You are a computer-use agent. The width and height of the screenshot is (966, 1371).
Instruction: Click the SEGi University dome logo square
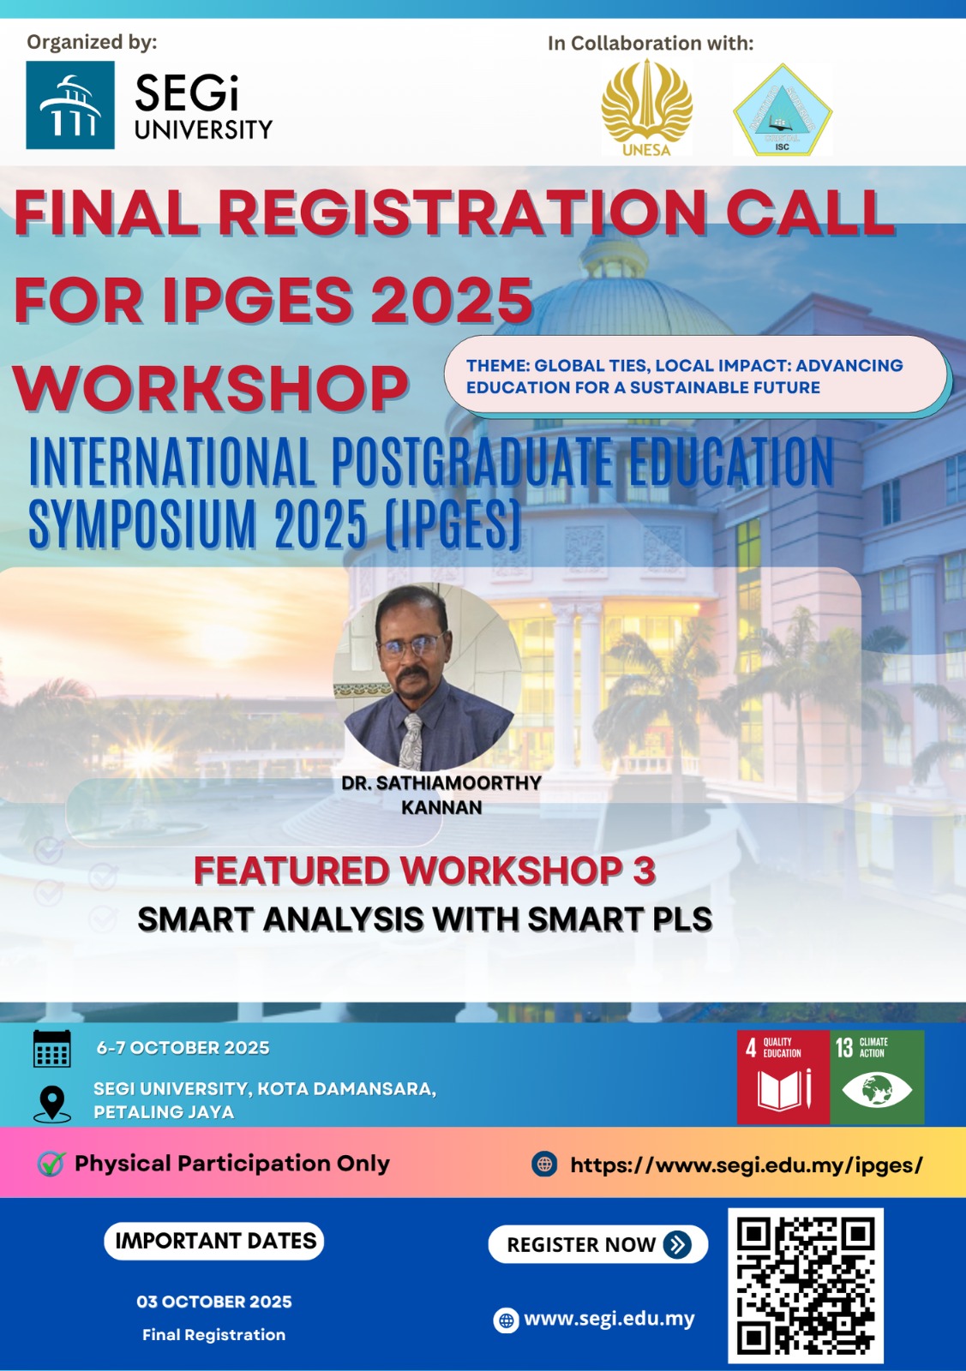pos(69,105)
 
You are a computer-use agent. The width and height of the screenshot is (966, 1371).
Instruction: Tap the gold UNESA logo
pos(646,108)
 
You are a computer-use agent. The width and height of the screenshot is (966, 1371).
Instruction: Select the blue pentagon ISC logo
pos(783,110)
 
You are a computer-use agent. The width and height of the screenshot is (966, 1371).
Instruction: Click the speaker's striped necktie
pos(412,741)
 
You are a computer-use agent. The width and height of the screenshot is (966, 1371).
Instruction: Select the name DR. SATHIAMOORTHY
pos(441,783)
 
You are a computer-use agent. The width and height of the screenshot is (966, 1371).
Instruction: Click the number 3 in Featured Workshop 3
pos(644,871)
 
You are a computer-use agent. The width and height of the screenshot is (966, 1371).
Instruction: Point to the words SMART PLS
pos(620,919)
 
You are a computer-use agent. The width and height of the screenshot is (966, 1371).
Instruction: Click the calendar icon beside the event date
pos(52,1049)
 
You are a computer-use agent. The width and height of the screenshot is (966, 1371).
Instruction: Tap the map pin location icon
pos(52,1105)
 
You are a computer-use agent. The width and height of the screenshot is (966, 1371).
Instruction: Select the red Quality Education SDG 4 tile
pos(783,1077)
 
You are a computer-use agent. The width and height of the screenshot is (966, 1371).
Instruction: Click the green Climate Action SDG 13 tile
pos(877,1077)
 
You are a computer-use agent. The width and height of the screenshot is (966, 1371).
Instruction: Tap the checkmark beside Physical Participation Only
pos(51,1164)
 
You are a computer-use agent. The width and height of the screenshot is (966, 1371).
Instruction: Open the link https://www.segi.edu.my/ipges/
pos(747,1164)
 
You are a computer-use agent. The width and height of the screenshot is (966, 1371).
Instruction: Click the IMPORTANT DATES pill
pos(213,1241)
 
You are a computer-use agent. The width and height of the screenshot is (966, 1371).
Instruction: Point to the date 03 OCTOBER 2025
pos(214,1302)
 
